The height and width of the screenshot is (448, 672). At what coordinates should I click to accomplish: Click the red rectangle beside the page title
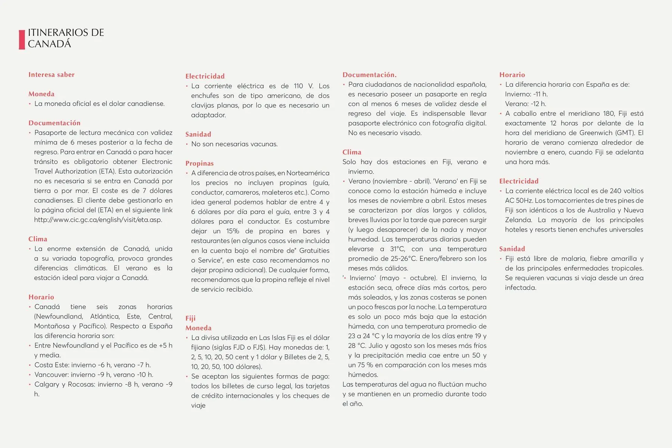(22, 40)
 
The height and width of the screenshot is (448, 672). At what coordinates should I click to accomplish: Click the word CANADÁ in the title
(49, 44)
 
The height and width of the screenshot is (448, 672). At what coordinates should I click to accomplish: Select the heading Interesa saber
(52, 75)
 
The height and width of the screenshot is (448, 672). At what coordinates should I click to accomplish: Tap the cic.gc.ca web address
(98, 220)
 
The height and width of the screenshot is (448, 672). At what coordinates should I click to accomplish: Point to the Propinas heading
(199, 164)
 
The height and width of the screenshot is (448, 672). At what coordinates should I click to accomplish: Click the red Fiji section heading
(190, 318)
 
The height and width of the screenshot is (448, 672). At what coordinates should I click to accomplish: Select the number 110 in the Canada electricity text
(298, 86)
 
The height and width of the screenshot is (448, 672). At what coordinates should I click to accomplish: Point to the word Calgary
(46, 385)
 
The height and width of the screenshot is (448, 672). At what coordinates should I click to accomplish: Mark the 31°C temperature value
(397, 249)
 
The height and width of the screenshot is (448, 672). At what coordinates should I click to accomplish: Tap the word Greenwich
(597, 133)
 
